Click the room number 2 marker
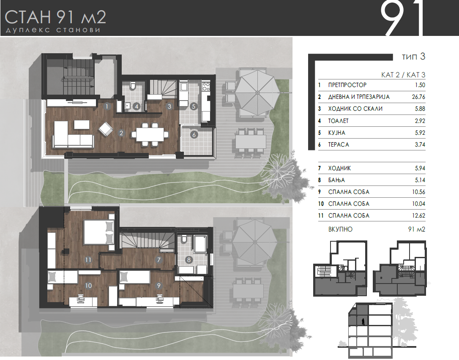click(x=121, y=133)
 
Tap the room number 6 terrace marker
click(x=194, y=135)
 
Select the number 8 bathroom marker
click(x=189, y=259)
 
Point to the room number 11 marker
click(x=88, y=259)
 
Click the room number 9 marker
click(x=158, y=285)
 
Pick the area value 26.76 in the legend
click(x=418, y=97)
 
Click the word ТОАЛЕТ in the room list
click(x=339, y=120)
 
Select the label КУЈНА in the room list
click(x=336, y=133)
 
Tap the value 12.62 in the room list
click(x=418, y=216)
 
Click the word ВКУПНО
click(x=340, y=229)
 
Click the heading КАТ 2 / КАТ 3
click(x=403, y=75)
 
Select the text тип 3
click(x=413, y=57)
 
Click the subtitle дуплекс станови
click(x=53, y=30)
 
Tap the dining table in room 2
click(x=150, y=134)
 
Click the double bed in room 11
click(x=99, y=232)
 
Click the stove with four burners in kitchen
click(x=206, y=86)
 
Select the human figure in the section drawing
click(x=363, y=322)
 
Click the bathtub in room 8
click(x=200, y=243)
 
